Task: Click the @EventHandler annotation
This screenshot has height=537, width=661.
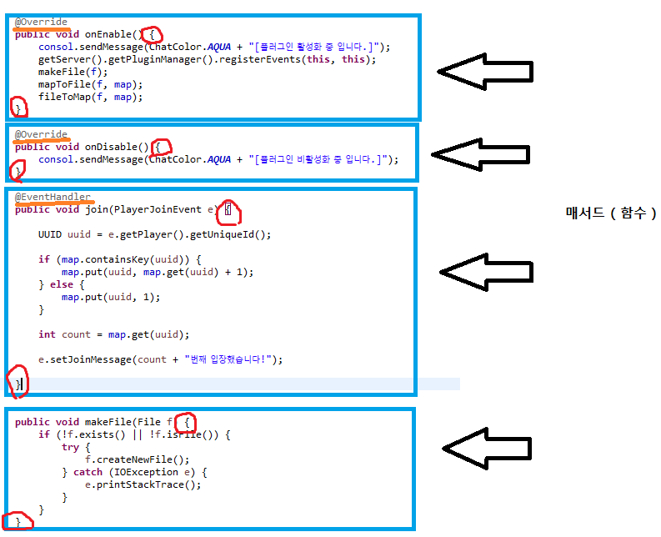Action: tap(53, 197)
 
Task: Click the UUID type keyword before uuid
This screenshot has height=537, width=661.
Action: tap(49, 234)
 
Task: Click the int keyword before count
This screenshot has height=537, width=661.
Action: tap(47, 334)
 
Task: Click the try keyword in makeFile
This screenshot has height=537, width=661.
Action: tap(70, 447)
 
